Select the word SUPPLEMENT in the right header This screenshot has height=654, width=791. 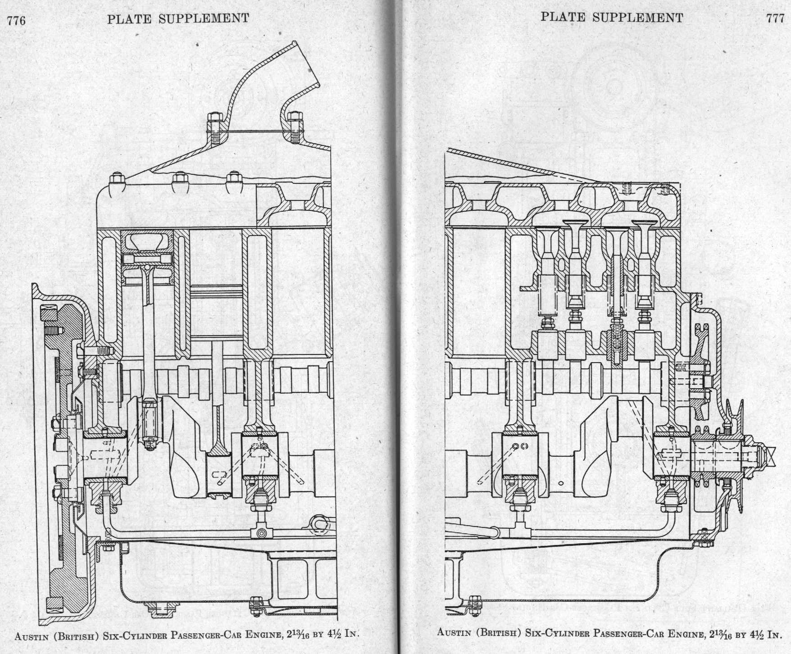click(x=637, y=18)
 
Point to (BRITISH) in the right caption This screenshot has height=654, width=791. click(x=500, y=632)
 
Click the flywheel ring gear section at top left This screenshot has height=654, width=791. click(x=48, y=311)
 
